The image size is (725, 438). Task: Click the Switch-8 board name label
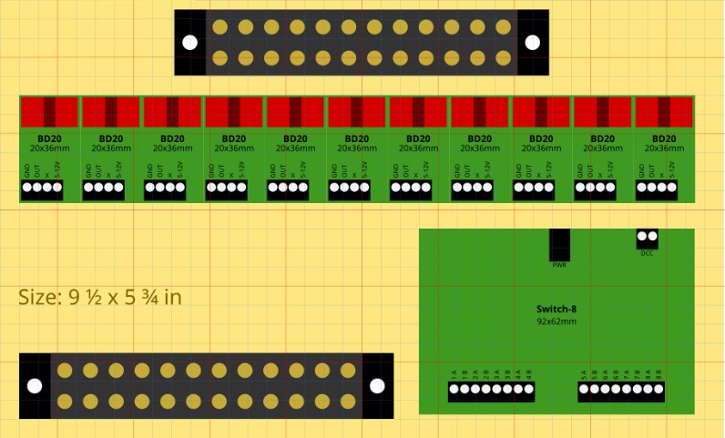557,310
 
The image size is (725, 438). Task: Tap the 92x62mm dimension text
557,321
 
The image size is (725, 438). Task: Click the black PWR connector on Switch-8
559,244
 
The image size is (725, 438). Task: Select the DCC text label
647,253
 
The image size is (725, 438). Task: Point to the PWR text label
559,265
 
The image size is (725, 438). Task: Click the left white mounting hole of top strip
189,43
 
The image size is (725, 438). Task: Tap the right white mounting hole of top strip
533,43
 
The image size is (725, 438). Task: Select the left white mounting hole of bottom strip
35,385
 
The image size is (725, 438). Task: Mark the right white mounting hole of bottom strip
378,385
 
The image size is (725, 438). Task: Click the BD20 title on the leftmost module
49,138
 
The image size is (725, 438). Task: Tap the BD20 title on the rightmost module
664,138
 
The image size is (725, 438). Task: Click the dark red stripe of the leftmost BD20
49,112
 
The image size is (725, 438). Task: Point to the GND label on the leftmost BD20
27,169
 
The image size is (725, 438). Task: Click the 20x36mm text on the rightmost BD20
664,148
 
